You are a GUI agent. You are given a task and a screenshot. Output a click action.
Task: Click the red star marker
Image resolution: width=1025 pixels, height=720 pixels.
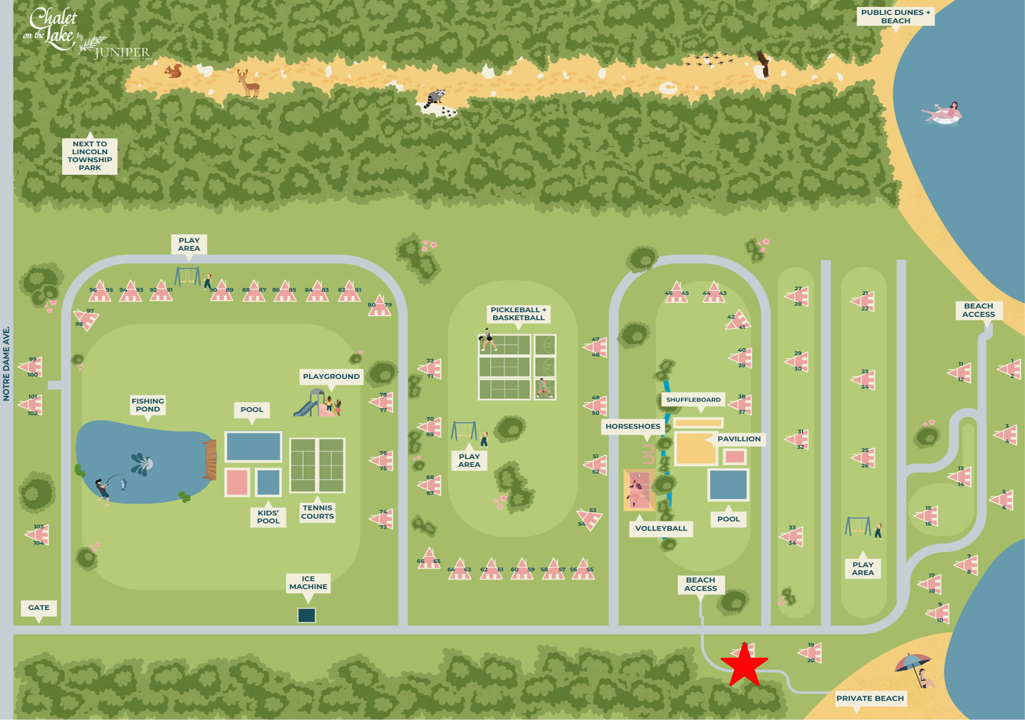tap(744, 665)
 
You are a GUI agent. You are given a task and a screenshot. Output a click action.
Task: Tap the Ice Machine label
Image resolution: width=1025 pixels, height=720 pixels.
tap(308, 583)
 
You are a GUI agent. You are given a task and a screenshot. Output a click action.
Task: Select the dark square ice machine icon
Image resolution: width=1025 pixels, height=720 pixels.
tap(307, 615)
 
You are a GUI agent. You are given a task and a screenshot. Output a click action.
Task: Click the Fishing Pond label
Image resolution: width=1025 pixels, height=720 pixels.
tap(148, 405)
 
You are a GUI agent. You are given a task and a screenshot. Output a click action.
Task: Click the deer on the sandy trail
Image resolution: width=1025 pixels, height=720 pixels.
tap(248, 83)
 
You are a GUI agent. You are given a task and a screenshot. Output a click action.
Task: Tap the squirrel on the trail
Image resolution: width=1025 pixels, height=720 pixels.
tap(173, 71)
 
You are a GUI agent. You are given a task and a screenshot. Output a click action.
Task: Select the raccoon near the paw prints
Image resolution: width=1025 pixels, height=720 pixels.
tap(436, 98)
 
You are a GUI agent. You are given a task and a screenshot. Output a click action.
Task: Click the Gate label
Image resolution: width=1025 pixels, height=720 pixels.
tap(39, 608)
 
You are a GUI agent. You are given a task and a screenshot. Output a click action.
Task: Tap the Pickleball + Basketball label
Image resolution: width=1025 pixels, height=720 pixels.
tap(518, 314)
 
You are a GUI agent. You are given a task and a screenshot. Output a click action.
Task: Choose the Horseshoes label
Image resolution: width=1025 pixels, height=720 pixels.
tap(633, 426)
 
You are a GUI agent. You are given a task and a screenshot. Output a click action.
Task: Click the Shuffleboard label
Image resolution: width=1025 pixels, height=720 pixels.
tap(693, 399)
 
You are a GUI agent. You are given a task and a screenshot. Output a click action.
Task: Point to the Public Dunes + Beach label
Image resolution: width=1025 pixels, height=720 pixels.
tap(895, 16)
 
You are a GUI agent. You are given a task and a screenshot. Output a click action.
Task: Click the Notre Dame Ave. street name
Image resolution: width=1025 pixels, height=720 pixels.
tap(6, 363)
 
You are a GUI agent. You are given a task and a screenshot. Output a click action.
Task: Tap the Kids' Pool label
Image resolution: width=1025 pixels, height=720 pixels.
tap(268, 517)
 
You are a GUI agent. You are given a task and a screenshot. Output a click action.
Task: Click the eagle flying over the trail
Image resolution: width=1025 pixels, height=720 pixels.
tap(763, 64)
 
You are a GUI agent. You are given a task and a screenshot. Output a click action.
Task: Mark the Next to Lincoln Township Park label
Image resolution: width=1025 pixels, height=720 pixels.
tap(89, 156)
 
